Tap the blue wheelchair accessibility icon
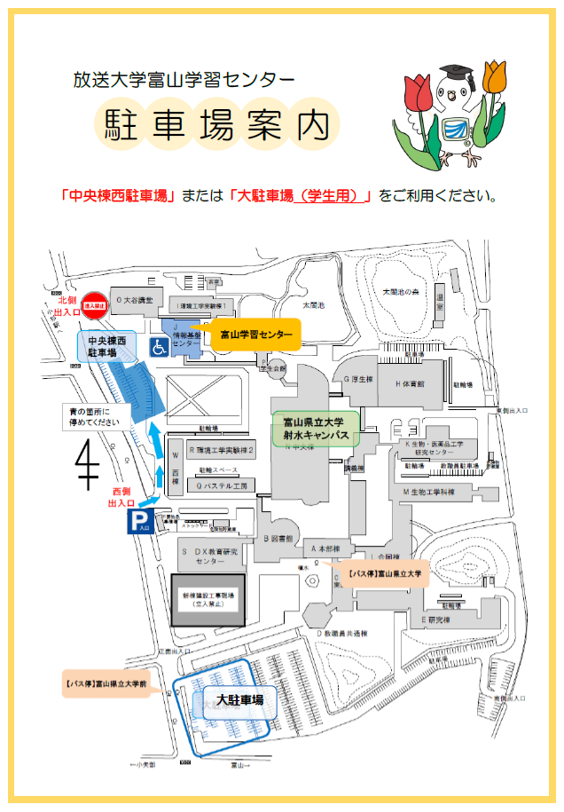[161, 347]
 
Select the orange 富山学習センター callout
[255, 335]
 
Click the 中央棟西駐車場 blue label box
[107, 347]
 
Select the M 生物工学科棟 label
[430, 491]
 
